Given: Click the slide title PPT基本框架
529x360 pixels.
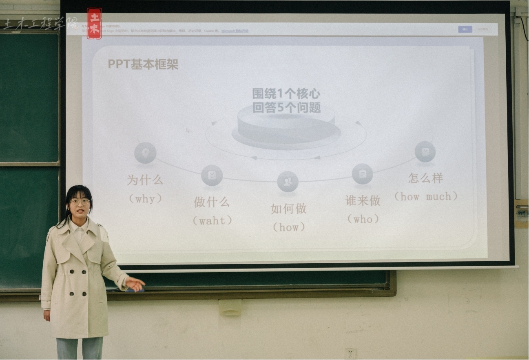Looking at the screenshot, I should [x=143, y=64].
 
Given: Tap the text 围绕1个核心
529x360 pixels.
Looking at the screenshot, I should [x=286, y=93].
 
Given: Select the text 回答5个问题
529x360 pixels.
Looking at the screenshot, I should [x=286, y=108].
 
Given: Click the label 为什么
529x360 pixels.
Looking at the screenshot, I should [x=145, y=180].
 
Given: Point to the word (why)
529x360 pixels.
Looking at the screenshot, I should [x=145, y=199].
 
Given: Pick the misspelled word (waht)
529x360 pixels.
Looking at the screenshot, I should [x=212, y=221].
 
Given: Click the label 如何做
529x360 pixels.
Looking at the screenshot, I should [x=288, y=209].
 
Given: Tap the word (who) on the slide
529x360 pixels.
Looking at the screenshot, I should [x=363, y=219].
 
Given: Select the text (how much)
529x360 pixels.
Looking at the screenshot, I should [x=425, y=197].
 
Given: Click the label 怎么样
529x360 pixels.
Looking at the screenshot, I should [x=425, y=178].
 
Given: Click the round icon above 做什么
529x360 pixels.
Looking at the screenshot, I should [x=212, y=176].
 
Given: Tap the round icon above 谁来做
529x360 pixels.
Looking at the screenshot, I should [x=362, y=174].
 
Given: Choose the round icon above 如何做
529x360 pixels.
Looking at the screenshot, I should [x=288, y=182].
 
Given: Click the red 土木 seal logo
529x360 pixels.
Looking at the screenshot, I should [x=94, y=23].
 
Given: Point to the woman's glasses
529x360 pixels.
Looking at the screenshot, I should [x=80, y=201].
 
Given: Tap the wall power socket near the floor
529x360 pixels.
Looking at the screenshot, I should [x=350, y=354].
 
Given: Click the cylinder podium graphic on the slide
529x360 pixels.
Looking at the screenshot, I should [x=286, y=127].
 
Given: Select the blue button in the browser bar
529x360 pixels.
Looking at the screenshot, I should [x=465, y=29].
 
